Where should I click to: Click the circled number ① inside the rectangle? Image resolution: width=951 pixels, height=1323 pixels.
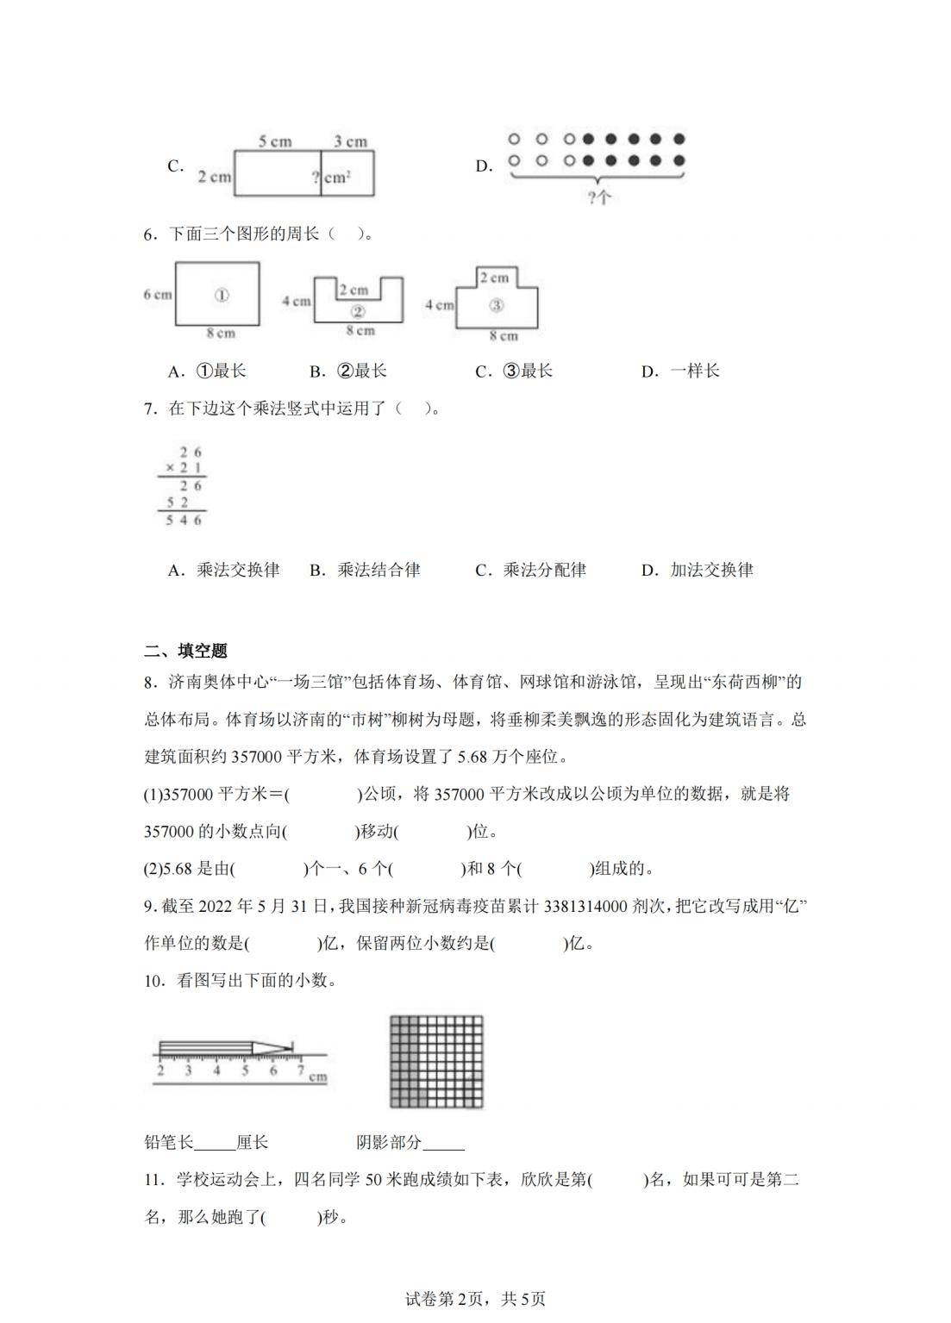(221, 295)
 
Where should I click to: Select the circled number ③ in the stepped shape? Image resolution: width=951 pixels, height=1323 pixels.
(495, 304)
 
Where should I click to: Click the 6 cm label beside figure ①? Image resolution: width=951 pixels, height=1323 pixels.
(158, 295)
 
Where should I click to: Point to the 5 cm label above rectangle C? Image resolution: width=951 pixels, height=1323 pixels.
(275, 141)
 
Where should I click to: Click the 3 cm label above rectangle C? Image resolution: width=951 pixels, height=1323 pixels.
(350, 141)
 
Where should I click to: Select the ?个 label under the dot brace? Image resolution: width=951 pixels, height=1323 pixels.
(598, 197)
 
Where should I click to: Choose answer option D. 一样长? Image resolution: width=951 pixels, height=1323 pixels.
(680, 371)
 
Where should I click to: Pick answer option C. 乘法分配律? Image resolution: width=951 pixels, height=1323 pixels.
(530, 570)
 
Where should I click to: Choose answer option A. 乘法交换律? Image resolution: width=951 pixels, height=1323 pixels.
(224, 570)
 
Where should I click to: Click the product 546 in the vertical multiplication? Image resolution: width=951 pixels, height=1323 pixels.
(185, 521)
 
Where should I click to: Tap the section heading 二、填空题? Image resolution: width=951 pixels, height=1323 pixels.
(185, 651)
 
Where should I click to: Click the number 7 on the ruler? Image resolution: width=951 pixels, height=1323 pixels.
(301, 1070)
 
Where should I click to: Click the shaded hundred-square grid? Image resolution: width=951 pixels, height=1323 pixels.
(436, 1061)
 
